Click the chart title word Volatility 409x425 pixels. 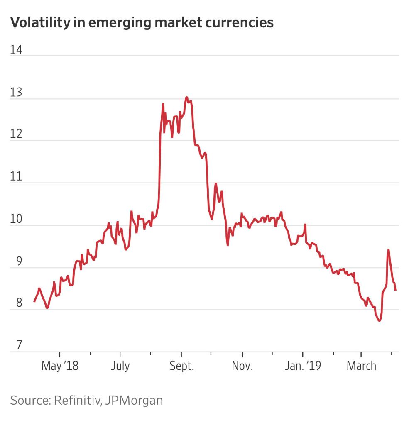click(37, 22)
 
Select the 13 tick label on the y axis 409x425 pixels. click(16, 93)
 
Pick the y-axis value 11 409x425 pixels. click(16, 177)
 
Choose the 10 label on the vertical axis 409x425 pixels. click(16, 219)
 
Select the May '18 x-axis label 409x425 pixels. click(60, 366)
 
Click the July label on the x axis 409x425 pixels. click(120, 366)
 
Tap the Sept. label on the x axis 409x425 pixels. click(181, 366)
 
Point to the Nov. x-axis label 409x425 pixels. click(242, 366)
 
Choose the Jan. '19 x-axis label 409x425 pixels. click(303, 366)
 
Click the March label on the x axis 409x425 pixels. click(361, 366)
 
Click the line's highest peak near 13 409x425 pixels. click(187, 98)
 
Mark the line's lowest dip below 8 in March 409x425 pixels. click(379, 321)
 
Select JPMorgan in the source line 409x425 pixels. click(134, 401)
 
